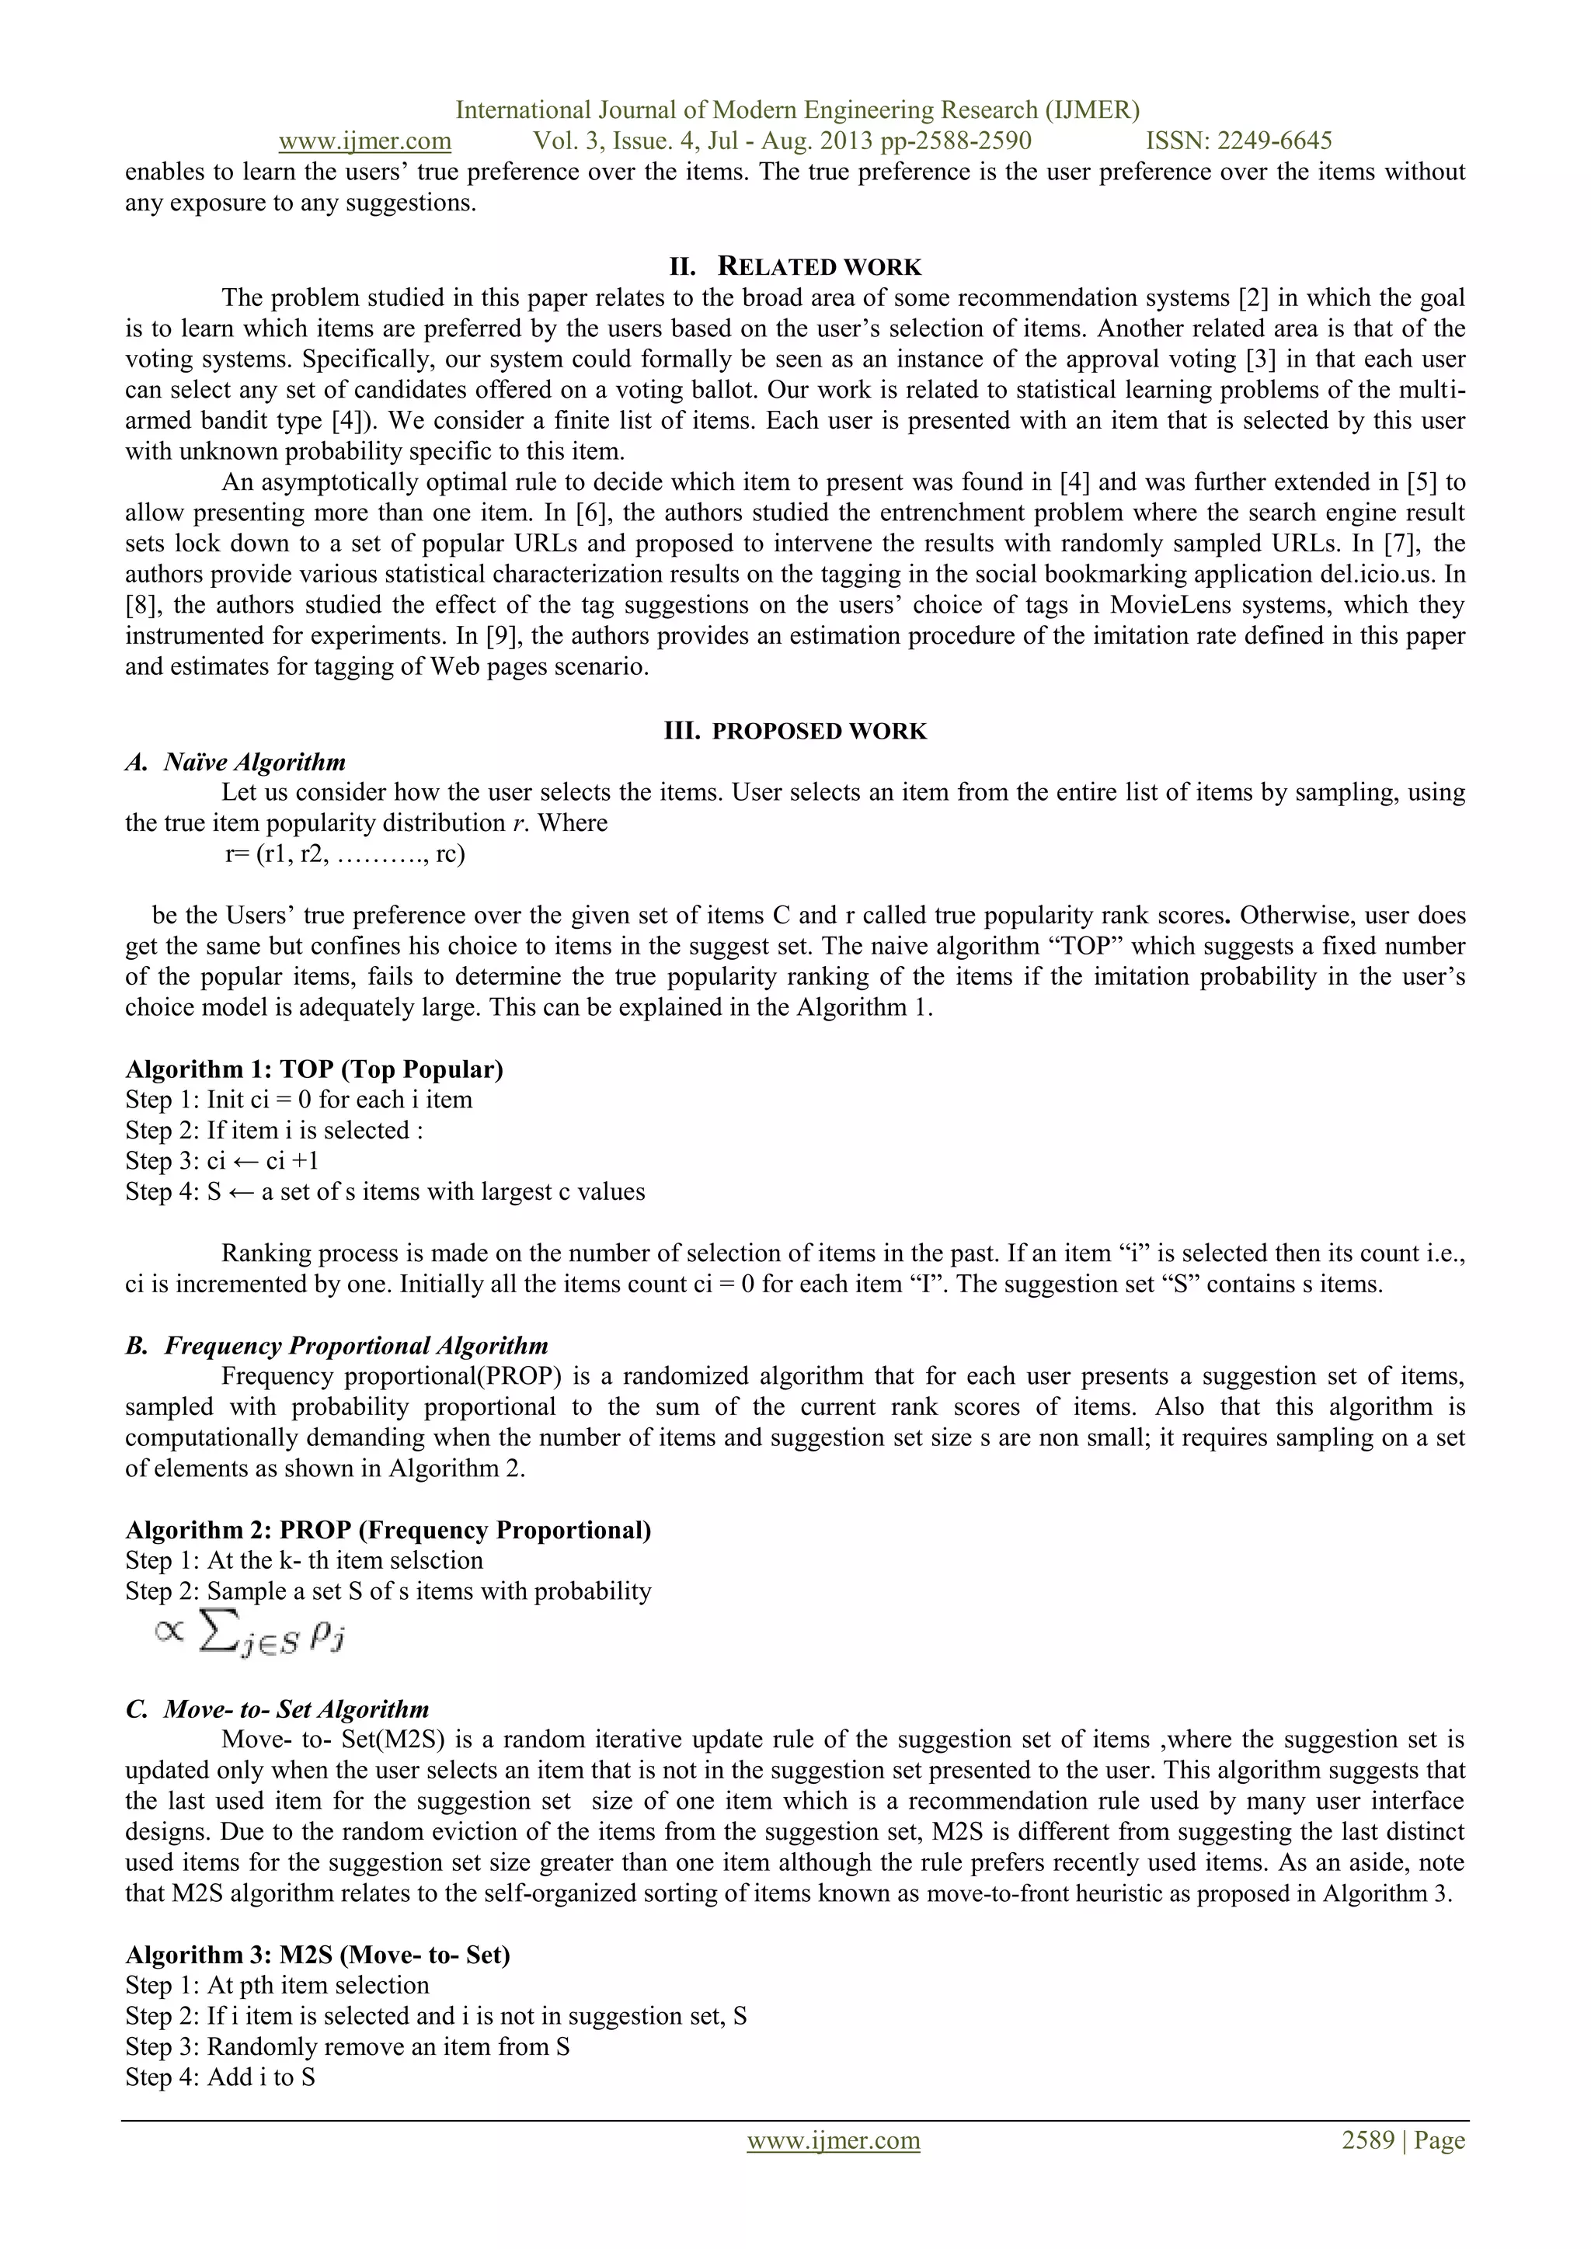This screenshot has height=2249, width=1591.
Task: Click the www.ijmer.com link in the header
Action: point(364,141)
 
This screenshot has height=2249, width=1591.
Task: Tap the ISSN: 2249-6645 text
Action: point(1238,141)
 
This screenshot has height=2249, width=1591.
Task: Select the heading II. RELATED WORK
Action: point(795,266)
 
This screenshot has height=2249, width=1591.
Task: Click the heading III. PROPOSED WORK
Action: point(795,731)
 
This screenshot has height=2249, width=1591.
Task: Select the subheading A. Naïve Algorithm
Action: point(235,762)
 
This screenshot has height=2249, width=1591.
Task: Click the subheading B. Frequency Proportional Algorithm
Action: point(336,1345)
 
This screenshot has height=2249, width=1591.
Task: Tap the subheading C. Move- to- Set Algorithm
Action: point(277,1709)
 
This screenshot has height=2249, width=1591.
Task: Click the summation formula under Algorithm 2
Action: point(251,1633)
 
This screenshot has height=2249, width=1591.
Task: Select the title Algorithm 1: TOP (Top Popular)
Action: point(314,1069)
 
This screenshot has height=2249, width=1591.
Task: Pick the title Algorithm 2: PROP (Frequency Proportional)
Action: point(388,1530)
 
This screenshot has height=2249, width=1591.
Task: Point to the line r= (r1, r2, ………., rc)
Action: point(345,853)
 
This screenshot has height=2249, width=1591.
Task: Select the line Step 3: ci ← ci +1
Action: point(221,1161)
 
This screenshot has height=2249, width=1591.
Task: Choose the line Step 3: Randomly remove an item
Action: point(346,2046)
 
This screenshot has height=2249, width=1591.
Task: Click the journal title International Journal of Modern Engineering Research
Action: point(796,109)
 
